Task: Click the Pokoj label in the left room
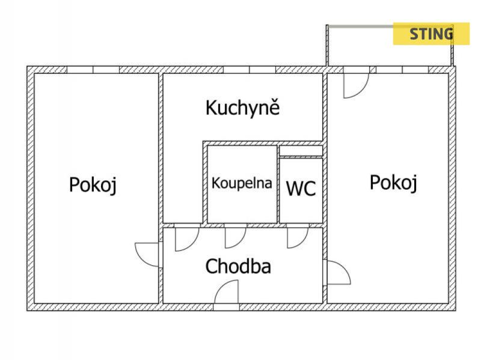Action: pyautogui.click(x=93, y=185)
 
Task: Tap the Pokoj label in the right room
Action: pyautogui.click(x=393, y=182)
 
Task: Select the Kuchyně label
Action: pyautogui.click(x=243, y=108)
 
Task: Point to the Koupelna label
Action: pyautogui.click(x=242, y=183)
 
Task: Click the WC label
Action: pyautogui.click(x=301, y=189)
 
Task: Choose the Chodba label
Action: pyautogui.click(x=238, y=266)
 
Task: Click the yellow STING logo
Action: pyautogui.click(x=431, y=34)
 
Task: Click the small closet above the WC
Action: pyautogui.click(x=301, y=151)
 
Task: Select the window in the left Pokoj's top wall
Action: pyautogui.click(x=93, y=70)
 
